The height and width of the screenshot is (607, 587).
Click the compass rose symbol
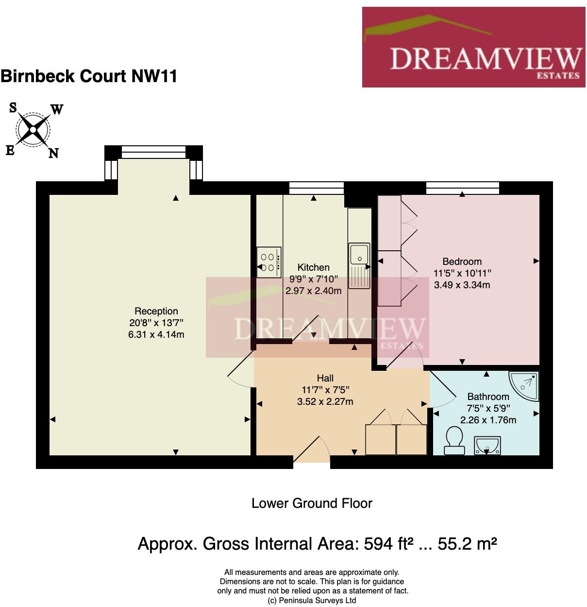click(33, 130)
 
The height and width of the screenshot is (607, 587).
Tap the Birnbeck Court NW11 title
click(89, 76)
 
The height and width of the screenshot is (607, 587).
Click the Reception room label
click(156, 311)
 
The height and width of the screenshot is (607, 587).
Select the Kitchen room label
click(313, 267)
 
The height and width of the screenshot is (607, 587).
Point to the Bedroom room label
click(462, 261)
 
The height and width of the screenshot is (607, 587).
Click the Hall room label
click(325, 378)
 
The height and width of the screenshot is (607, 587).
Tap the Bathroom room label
click(488, 397)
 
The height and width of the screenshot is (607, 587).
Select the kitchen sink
click(359, 254)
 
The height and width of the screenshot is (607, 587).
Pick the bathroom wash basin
click(487, 445)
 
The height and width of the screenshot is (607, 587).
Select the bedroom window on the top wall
click(462, 188)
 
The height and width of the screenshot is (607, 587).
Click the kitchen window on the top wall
click(316, 188)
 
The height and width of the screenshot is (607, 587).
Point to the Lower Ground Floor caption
click(312, 503)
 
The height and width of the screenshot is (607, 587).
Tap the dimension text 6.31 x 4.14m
click(156, 334)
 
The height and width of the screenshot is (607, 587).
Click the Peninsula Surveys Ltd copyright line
click(312, 600)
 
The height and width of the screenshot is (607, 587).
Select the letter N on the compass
click(54, 154)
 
